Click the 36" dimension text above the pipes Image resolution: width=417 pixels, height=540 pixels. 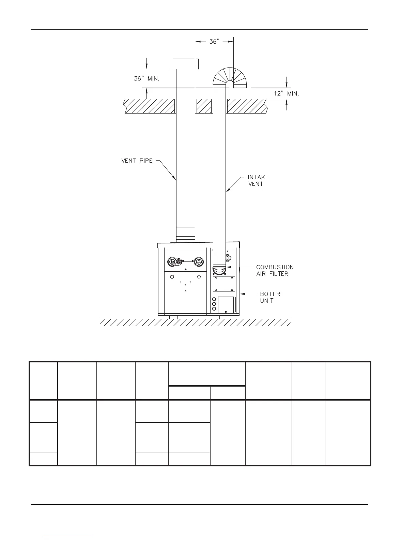pyautogui.click(x=214, y=42)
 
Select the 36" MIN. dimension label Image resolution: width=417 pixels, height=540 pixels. pyautogui.click(x=146, y=78)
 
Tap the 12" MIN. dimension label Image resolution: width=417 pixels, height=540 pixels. pyautogui.click(x=287, y=94)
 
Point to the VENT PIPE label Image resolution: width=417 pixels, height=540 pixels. pyautogui.click(x=137, y=161)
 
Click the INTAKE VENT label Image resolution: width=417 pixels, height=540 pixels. pyautogui.click(x=258, y=181)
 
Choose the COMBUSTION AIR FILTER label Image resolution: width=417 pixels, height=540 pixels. pyautogui.click(x=275, y=270)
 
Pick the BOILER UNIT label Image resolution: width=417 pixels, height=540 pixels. pyautogui.click(x=270, y=297)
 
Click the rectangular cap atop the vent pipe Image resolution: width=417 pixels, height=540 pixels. pyautogui.click(x=186, y=64)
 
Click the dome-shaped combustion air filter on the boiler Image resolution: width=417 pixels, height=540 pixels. pyautogui.click(x=219, y=270)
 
